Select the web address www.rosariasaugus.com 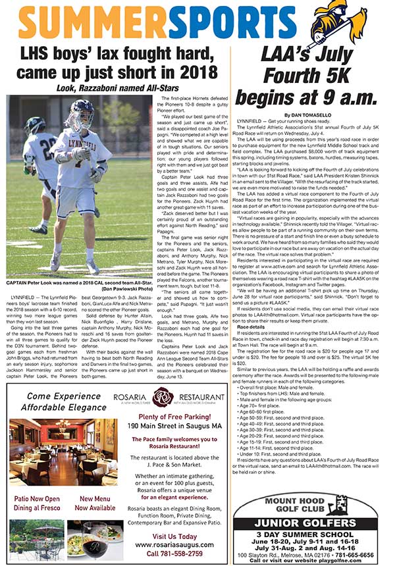click(174, 544)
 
